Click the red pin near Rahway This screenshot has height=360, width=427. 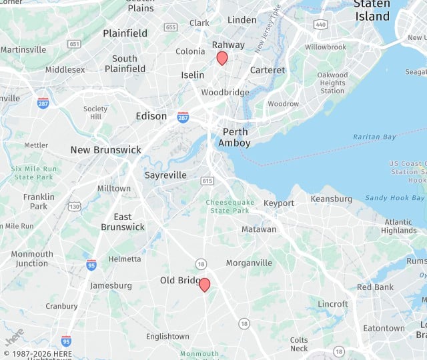222,59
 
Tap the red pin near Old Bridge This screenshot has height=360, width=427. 205,285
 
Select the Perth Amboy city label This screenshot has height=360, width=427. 236,137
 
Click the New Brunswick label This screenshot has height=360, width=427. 106,150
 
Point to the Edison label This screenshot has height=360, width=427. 151,116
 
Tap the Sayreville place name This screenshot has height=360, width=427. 165,175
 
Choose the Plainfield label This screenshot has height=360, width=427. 125,33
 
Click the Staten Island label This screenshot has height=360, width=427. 372,10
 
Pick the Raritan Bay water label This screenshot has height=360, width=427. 374,137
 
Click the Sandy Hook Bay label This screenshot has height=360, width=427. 395,198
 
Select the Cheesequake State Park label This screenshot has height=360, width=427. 228,206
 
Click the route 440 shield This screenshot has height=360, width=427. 321,25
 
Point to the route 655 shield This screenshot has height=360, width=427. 171,27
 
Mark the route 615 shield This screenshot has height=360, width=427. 207,181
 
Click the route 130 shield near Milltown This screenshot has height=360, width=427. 74,206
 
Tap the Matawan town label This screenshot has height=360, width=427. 258,229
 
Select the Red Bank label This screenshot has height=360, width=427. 375,287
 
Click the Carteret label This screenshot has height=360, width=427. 267,70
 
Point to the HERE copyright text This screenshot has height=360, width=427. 37,353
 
